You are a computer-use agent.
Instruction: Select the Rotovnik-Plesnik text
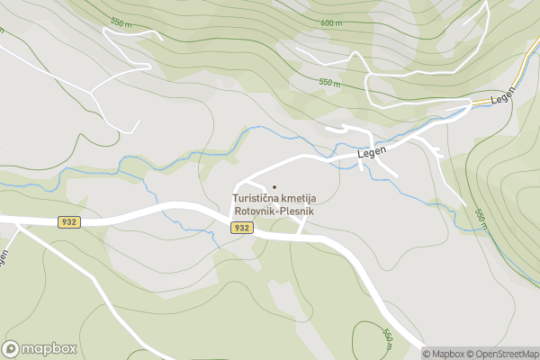[x=274, y=211]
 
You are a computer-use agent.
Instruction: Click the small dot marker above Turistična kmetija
[x=274, y=186]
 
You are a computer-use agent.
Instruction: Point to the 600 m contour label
[x=331, y=23]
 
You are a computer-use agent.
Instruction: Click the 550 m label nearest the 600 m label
[x=331, y=82]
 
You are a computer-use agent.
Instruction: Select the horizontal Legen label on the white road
[x=371, y=154]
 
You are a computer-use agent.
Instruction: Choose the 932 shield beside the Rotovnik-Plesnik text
[x=241, y=228]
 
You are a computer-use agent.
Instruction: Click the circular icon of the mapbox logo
[x=12, y=348]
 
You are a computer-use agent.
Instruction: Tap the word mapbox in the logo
[x=49, y=348]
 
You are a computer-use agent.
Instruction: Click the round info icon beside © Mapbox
[x=414, y=354]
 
